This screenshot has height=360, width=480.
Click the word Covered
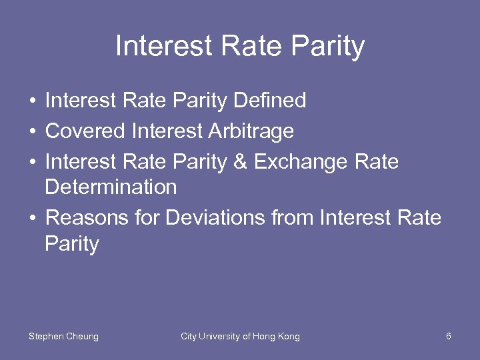click(x=85, y=131)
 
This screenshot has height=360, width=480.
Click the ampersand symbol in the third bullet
click(x=242, y=162)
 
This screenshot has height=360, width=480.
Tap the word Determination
click(x=111, y=187)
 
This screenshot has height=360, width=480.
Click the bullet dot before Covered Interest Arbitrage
click(x=33, y=132)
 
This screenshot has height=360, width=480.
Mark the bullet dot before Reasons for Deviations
click(x=33, y=219)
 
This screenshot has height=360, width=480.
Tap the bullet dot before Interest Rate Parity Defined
click(x=33, y=101)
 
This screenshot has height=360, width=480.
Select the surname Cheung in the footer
click(x=81, y=337)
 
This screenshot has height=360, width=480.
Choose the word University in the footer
click(x=219, y=337)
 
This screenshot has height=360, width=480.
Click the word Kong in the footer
click(x=289, y=337)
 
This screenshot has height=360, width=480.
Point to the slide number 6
click(x=449, y=337)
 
